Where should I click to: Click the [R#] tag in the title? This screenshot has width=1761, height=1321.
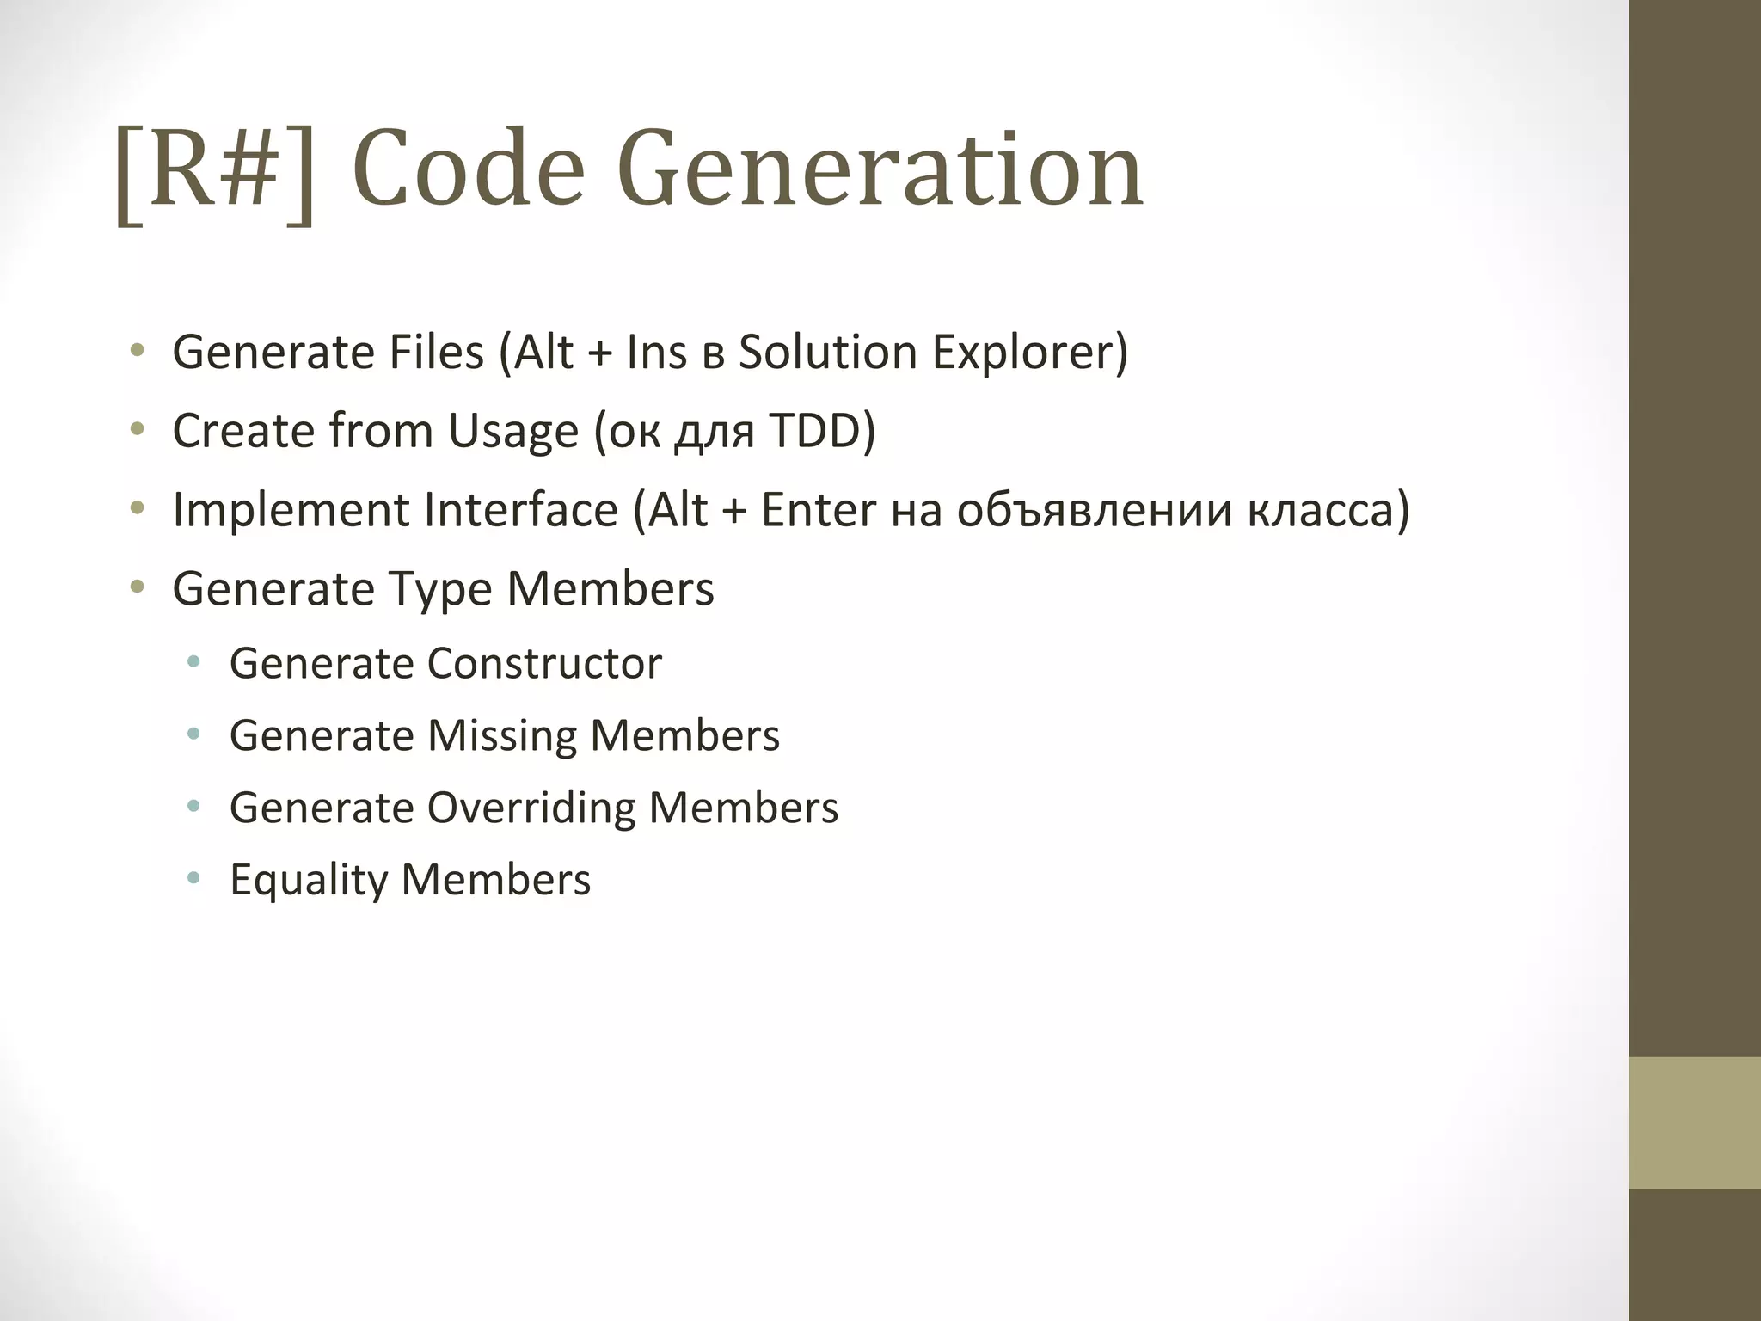tap(215, 171)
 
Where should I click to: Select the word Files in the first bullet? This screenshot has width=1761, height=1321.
tap(437, 353)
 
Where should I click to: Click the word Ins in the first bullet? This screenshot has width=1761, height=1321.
tap(656, 353)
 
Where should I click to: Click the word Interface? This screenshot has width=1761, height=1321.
tap(521, 510)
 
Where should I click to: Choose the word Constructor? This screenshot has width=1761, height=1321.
tap(544, 664)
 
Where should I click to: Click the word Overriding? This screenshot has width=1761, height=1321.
tap(531, 808)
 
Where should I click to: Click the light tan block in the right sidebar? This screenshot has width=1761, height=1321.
tap(1694, 1122)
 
